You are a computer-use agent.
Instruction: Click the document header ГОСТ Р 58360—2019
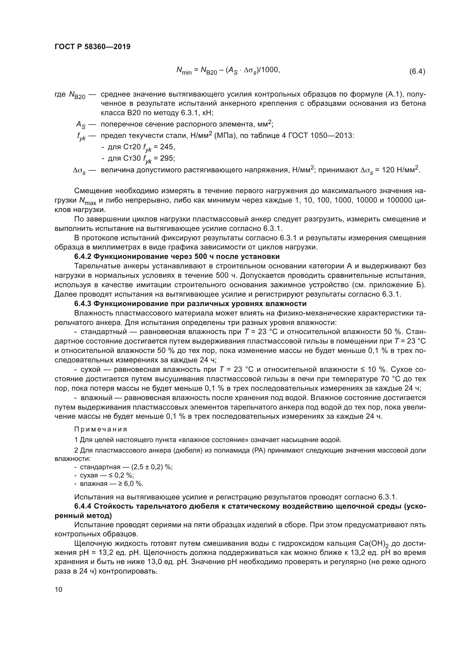92,47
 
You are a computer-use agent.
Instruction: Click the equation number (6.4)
417,72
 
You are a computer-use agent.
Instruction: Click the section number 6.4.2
82,257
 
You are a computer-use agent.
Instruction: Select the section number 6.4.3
82,304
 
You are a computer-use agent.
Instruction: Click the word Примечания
100,429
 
